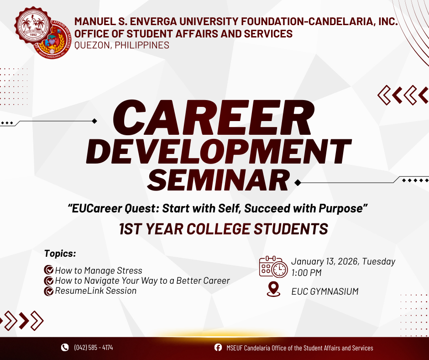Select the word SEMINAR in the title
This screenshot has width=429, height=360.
(x=218, y=180)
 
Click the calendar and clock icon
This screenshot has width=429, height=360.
(x=273, y=267)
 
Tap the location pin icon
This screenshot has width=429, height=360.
(x=273, y=289)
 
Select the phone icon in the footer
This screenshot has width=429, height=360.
(x=65, y=348)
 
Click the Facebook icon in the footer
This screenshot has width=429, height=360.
(x=218, y=348)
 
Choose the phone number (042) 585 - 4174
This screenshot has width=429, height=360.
(x=93, y=348)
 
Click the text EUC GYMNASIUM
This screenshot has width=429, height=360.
(x=324, y=291)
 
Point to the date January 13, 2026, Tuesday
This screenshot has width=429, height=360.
(x=343, y=262)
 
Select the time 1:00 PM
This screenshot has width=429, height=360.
(x=306, y=273)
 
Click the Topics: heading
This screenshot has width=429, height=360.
(x=60, y=254)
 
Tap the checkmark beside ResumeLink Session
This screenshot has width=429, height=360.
(x=48, y=291)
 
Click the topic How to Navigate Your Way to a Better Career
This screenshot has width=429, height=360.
(x=142, y=281)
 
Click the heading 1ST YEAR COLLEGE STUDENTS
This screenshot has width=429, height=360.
(x=223, y=229)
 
